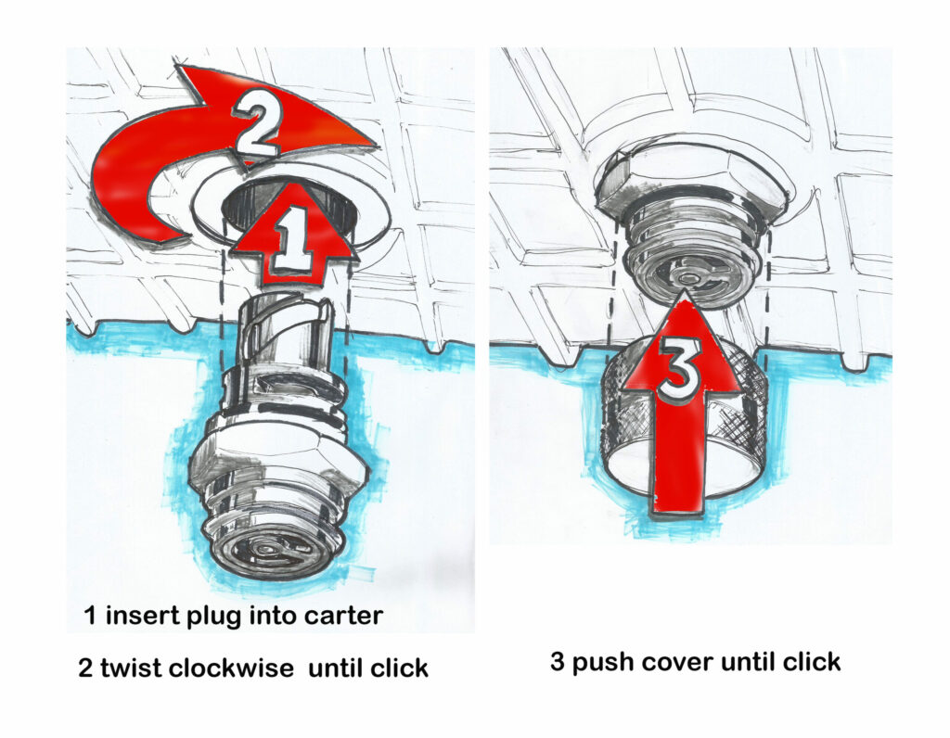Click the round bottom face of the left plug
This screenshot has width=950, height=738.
(272, 550)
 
